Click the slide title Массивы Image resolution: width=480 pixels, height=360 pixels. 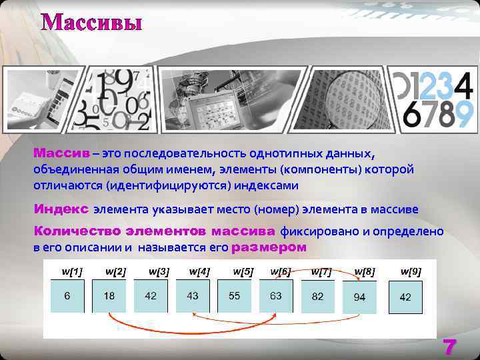[x=92, y=22]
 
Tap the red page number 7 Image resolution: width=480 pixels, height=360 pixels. [x=451, y=347]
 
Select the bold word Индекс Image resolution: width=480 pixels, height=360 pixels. [x=61, y=209]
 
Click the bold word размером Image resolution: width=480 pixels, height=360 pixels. [x=269, y=247]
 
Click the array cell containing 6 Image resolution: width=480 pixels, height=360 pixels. [x=67, y=296]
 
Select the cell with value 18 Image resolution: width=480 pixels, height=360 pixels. [x=109, y=296]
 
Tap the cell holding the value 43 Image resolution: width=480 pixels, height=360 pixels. [x=193, y=296]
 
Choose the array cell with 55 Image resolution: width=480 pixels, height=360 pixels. [x=234, y=296]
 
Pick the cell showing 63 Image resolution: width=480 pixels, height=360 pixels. [x=276, y=296]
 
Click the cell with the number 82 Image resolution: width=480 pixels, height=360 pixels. [x=318, y=297]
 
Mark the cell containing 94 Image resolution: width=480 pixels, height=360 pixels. [x=359, y=297]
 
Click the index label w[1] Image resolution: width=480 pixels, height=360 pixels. [x=72, y=271]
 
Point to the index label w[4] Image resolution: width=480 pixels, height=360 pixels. [x=199, y=271]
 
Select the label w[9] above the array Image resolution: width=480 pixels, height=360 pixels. [x=411, y=271]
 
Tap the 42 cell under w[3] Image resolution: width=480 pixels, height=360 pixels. [x=151, y=296]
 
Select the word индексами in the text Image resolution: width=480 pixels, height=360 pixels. [x=268, y=185]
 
